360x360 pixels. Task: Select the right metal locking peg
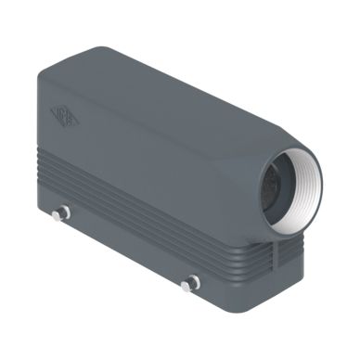pos(191,281)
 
